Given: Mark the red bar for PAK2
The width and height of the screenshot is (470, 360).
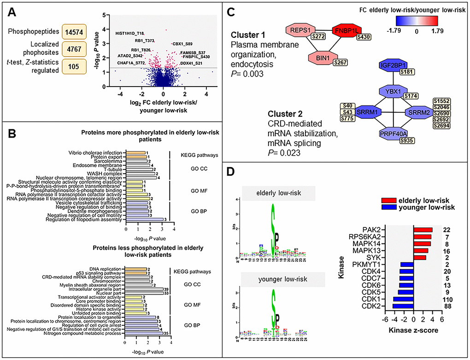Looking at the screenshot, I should [423, 230].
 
